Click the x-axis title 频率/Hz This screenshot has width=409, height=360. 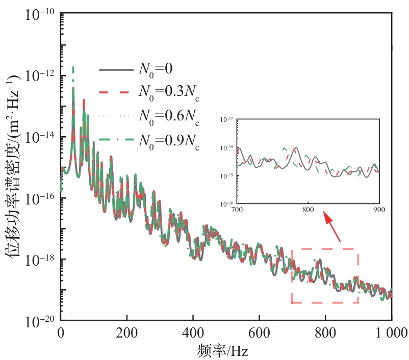(224, 351)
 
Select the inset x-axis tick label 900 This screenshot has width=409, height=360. (378, 209)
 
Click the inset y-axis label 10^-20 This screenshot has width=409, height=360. (226, 203)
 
